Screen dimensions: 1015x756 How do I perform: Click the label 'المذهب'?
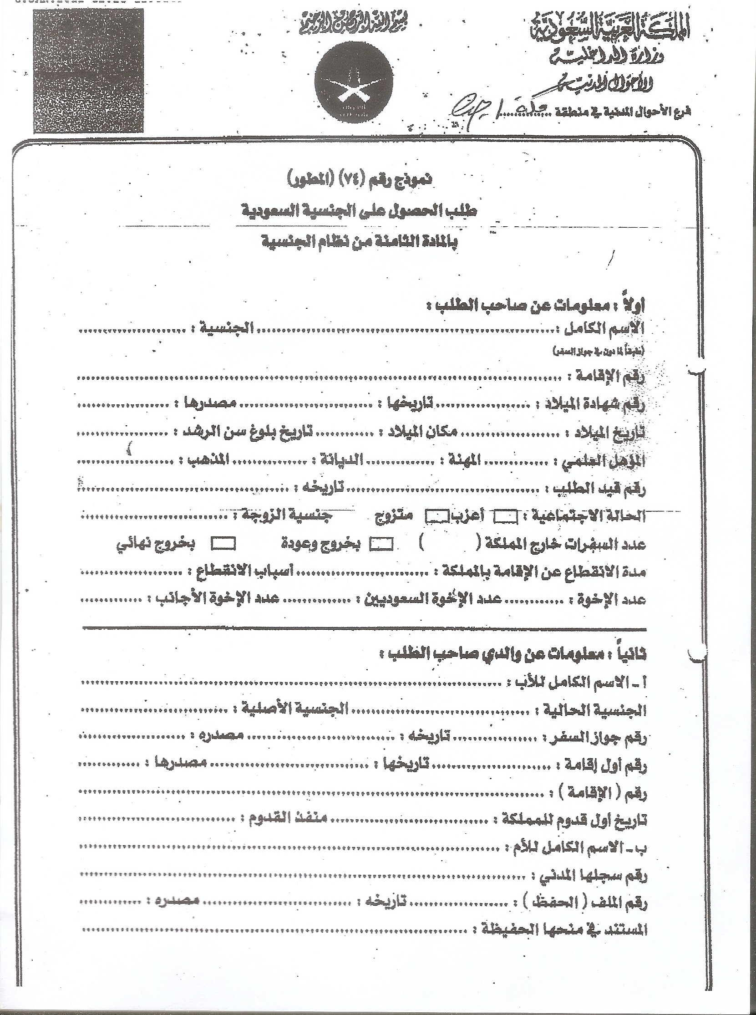206,460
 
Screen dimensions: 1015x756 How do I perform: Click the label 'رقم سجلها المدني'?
590,875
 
